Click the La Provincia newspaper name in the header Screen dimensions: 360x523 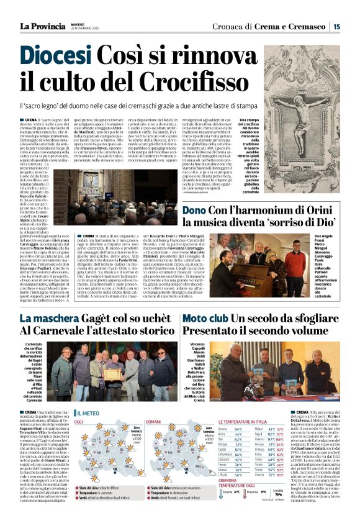coord(45,25)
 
